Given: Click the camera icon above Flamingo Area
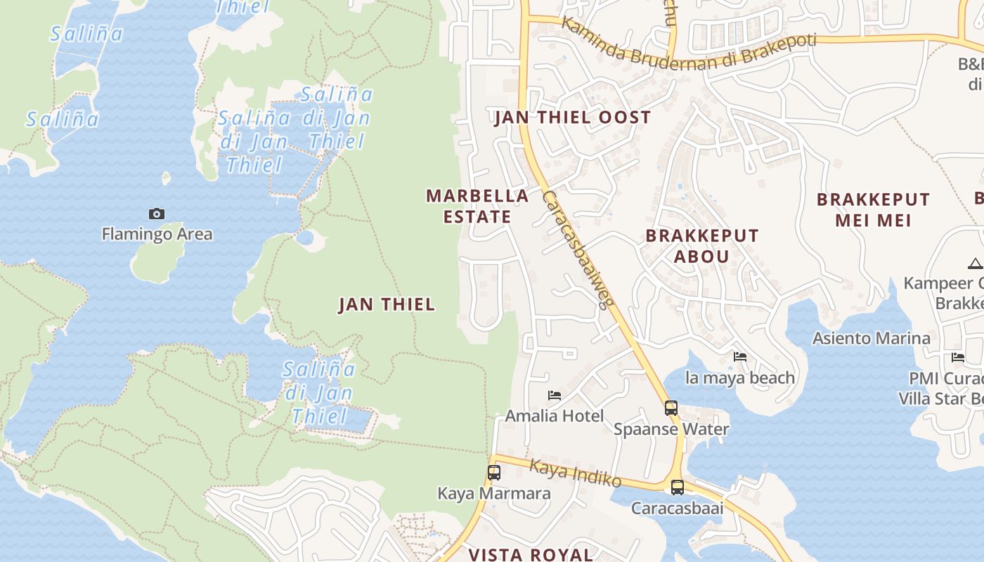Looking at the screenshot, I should (x=157, y=214).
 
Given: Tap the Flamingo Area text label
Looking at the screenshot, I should (x=157, y=234).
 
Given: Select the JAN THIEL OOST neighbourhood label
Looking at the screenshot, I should (x=573, y=117).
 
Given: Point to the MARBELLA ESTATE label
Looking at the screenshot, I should (x=477, y=206).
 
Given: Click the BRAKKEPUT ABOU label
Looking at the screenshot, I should (x=702, y=246).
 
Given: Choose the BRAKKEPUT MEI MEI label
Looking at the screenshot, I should (x=873, y=210).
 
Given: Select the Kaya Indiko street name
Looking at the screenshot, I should (x=575, y=473).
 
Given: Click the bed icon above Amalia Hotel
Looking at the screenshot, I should (x=555, y=396).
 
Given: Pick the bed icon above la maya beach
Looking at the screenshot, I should (x=739, y=357).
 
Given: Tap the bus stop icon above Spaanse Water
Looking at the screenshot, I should (x=671, y=407).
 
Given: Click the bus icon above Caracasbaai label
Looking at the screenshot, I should (x=677, y=487).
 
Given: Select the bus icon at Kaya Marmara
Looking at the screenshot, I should (x=494, y=472).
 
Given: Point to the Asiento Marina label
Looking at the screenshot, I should (x=872, y=338).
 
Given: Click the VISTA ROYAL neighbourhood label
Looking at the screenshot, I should (x=531, y=554).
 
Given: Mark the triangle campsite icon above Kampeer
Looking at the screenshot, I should (x=975, y=263).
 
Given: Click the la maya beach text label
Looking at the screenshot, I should (x=739, y=378).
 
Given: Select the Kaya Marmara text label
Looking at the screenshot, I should (x=494, y=493).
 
